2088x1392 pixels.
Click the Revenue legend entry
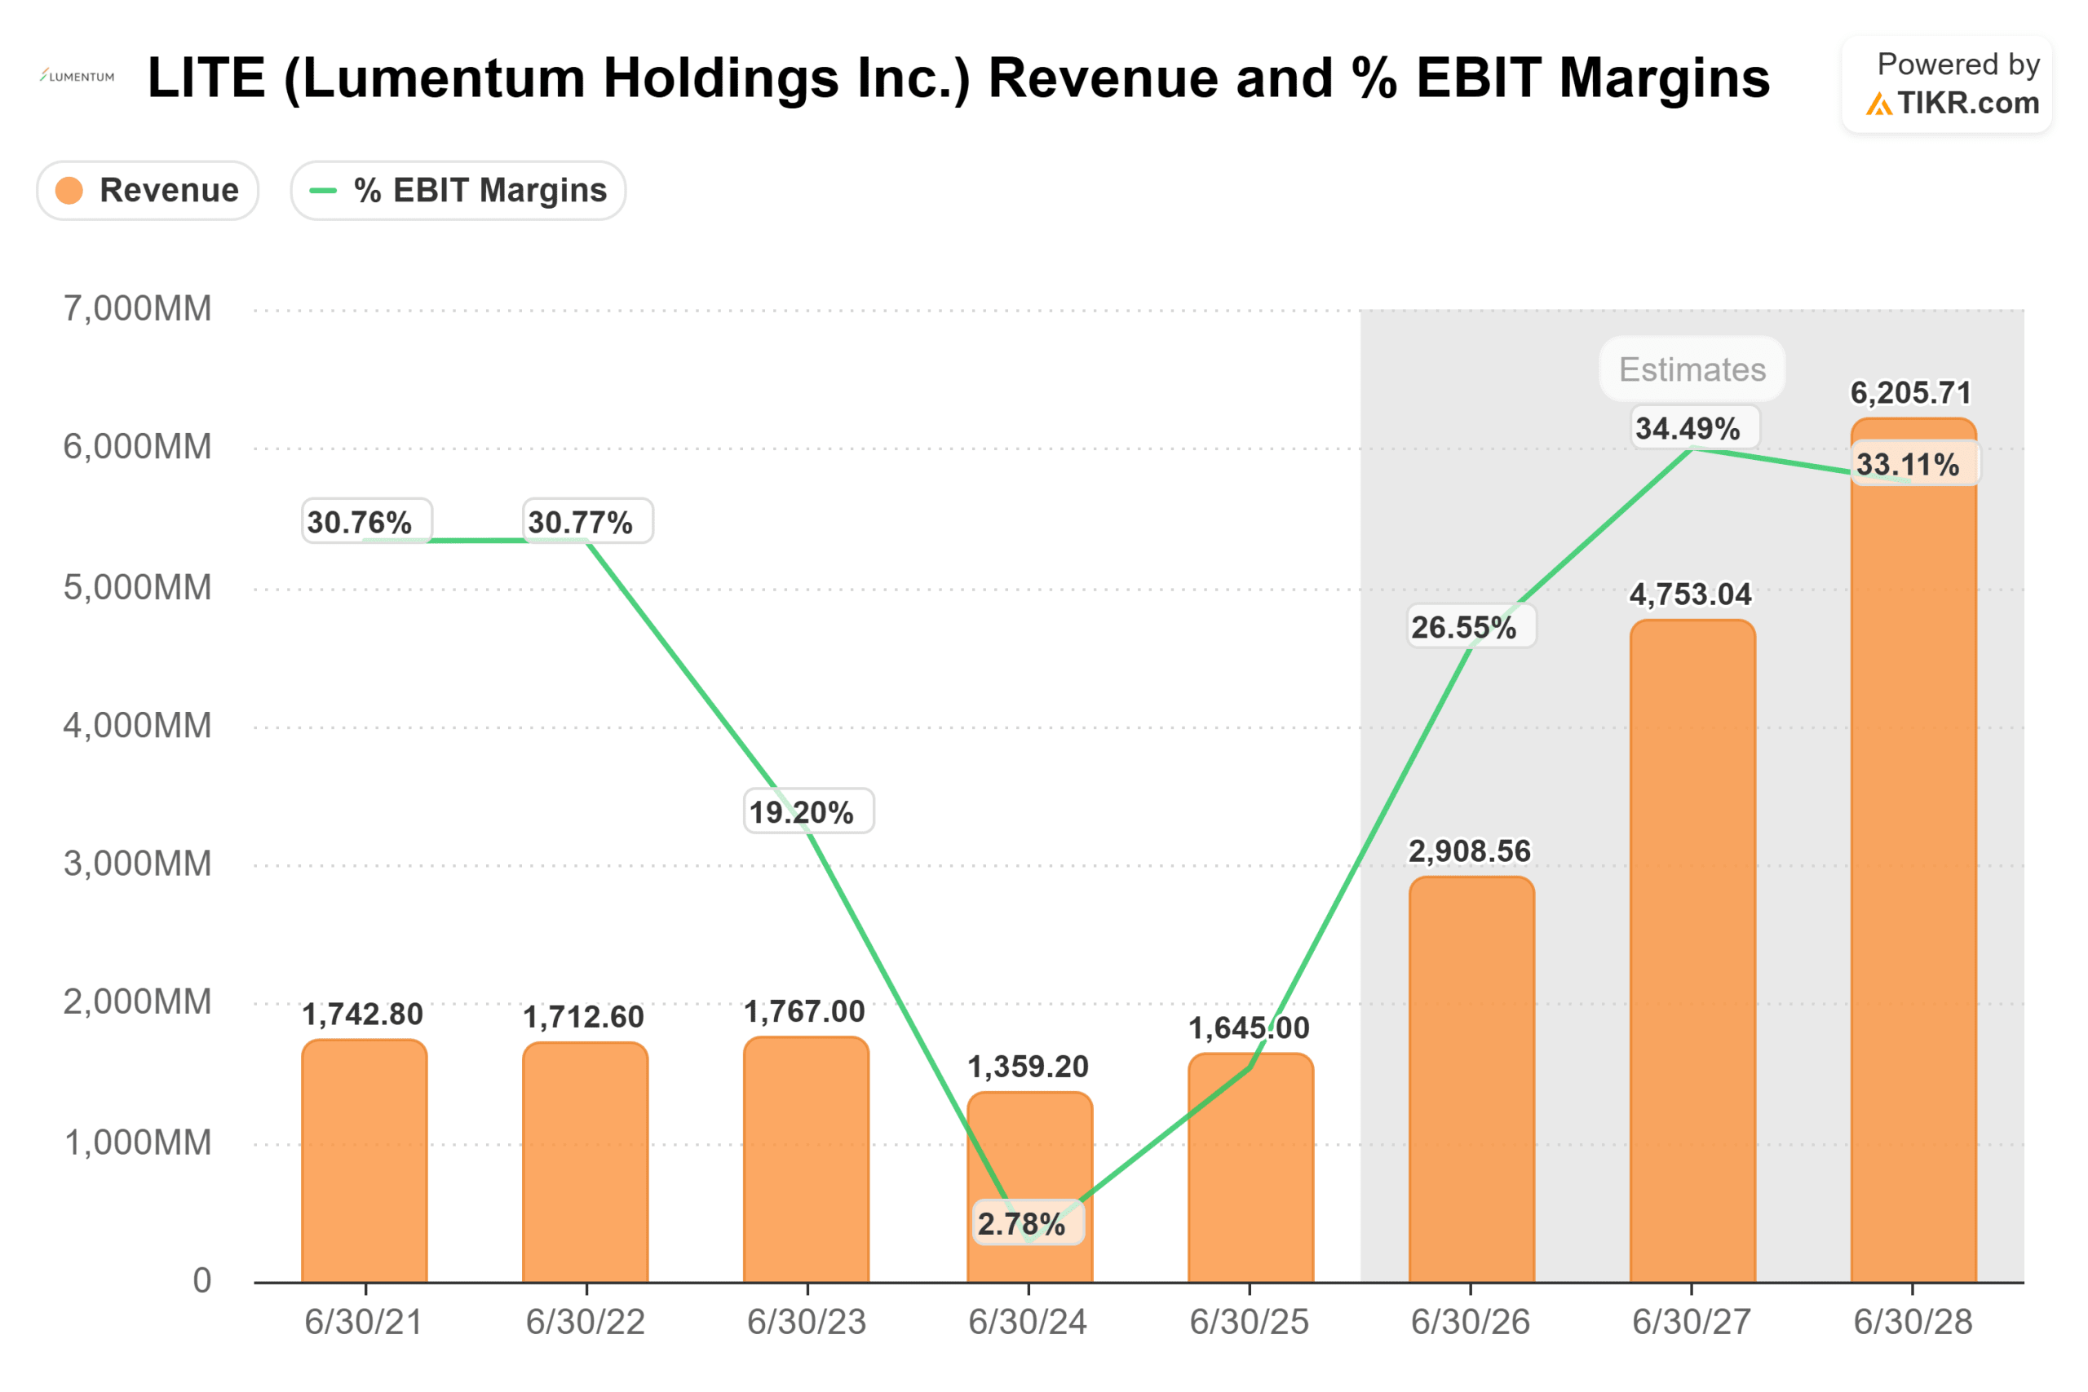148,190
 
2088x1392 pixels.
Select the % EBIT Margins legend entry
458,190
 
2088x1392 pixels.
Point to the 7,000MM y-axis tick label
138,309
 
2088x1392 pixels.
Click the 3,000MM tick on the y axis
138,864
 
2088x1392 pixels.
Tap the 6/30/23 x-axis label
806,1322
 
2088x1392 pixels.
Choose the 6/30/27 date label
1691,1322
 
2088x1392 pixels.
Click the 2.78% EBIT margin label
1022,1224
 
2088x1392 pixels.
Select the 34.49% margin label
1688,429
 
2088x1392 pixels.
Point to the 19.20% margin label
802,811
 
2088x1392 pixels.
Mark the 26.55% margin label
1464,628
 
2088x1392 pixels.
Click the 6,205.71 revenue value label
1909,392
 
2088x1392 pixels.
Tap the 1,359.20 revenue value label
1028,1066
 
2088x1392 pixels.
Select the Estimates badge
1692,369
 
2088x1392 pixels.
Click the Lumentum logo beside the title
77,77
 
